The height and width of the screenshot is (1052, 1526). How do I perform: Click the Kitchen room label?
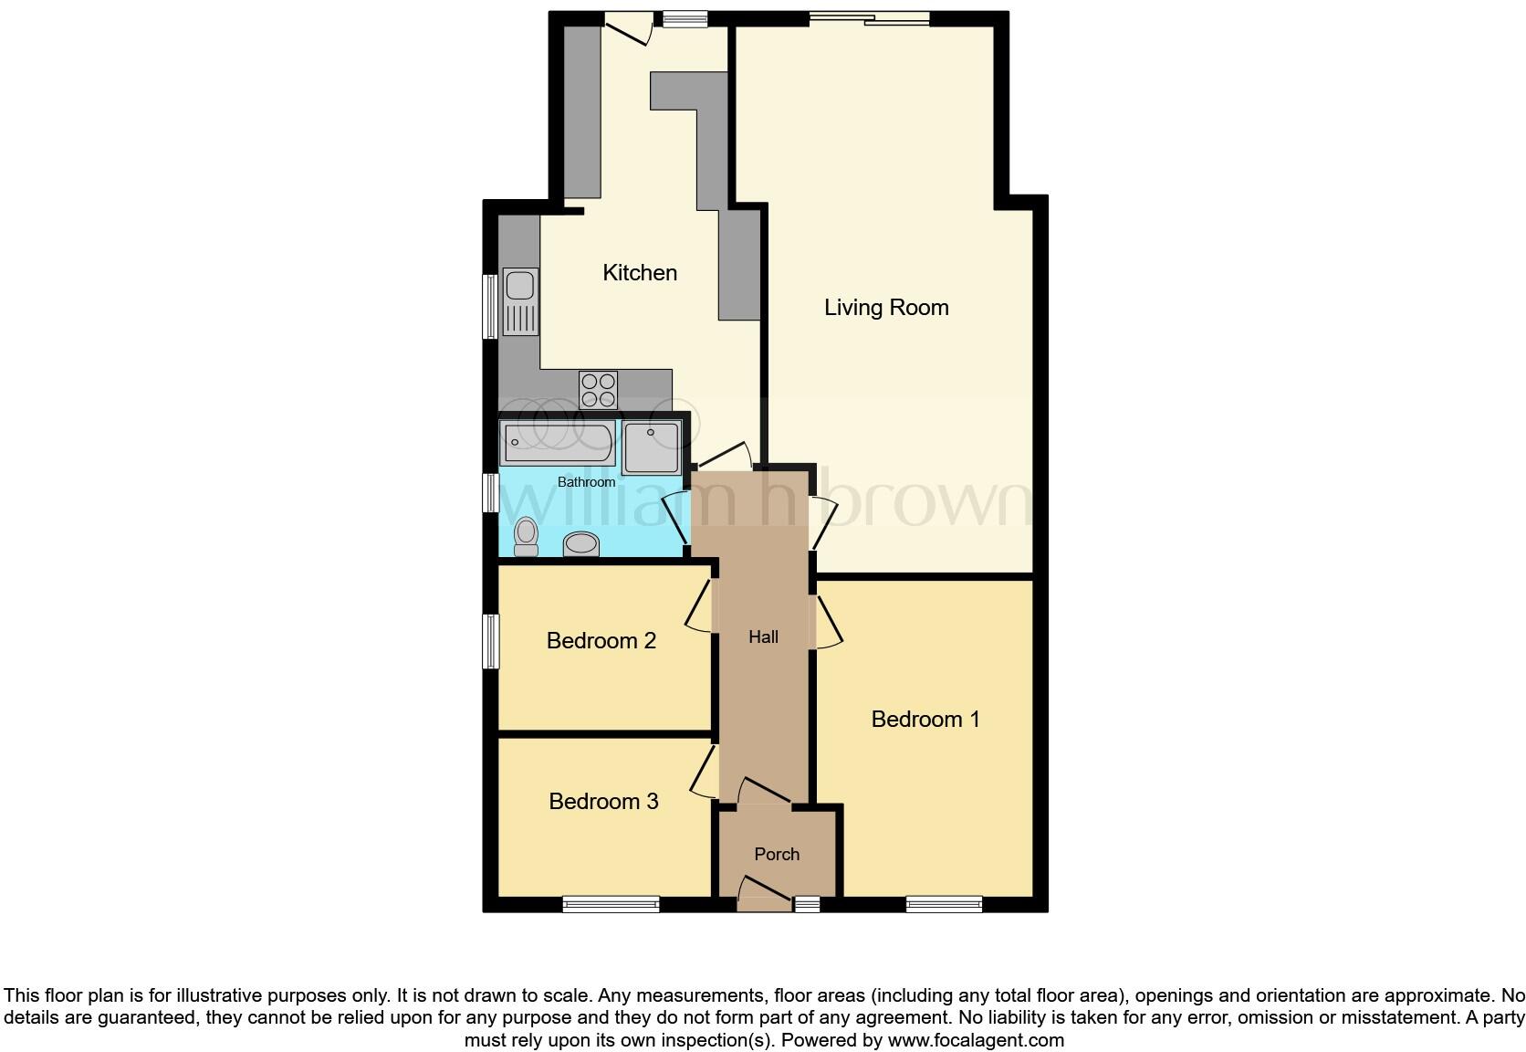[x=640, y=273]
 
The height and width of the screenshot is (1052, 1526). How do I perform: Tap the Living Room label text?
[x=886, y=308]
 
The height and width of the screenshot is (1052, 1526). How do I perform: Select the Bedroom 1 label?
[x=925, y=720]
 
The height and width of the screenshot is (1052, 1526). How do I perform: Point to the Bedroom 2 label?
[x=601, y=641]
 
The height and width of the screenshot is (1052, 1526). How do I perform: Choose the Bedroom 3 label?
[x=603, y=802]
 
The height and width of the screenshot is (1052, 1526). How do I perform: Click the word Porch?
[x=777, y=855]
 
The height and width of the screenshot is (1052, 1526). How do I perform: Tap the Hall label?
[x=763, y=637]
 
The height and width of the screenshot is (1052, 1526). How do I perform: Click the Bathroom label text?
[x=586, y=482]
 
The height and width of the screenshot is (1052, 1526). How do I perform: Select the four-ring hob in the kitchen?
[x=598, y=390]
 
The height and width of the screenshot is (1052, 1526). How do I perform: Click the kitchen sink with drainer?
[x=521, y=302]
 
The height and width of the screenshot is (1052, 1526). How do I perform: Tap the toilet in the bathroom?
[x=526, y=537]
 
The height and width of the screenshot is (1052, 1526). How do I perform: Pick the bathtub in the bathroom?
[x=558, y=443]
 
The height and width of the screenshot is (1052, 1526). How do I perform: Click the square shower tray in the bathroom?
[x=652, y=447]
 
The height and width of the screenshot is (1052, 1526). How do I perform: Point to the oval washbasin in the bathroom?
[x=581, y=544]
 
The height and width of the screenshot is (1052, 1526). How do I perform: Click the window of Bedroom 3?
[x=611, y=904]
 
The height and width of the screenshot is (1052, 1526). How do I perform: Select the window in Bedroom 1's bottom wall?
[x=944, y=904]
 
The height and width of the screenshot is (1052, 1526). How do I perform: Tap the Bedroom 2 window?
[x=491, y=641]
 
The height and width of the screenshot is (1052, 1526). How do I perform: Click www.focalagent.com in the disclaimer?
[x=975, y=1040]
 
